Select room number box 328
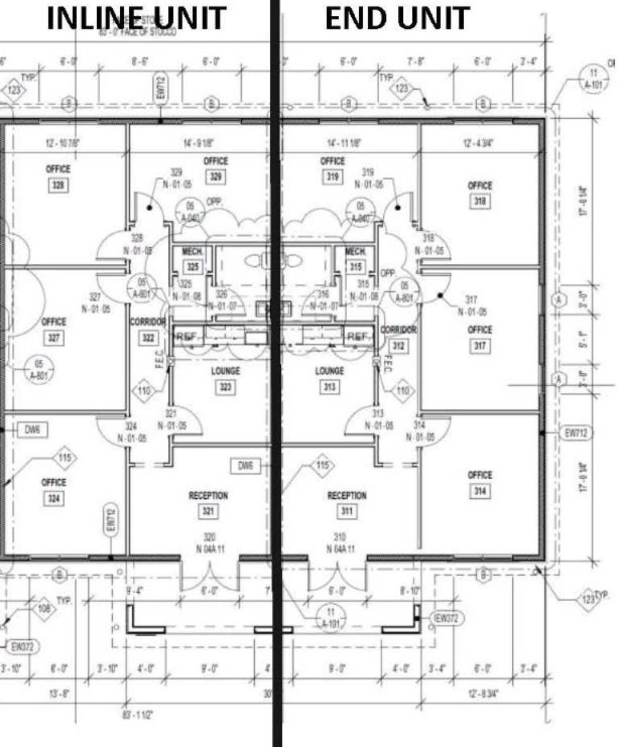tap(58, 185)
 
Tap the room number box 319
tap(332, 177)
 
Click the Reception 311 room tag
tap(347, 511)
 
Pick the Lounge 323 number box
tap(225, 387)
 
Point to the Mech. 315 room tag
tap(355, 267)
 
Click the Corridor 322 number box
tap(148, 338)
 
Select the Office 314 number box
tap(480, 491)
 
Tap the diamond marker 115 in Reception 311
tap(322, 465)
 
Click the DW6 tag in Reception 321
tap(246, 466)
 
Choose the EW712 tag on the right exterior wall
tap(576, 433)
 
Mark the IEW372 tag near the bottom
tap(447, 618)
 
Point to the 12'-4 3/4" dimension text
tap(478, 143)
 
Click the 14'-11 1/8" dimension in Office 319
tap(344, 143)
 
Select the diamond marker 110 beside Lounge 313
tap(403, 391)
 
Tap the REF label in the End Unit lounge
tap(358, 337)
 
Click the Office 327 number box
tap(54, 338)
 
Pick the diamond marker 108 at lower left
tap(44, 608)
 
